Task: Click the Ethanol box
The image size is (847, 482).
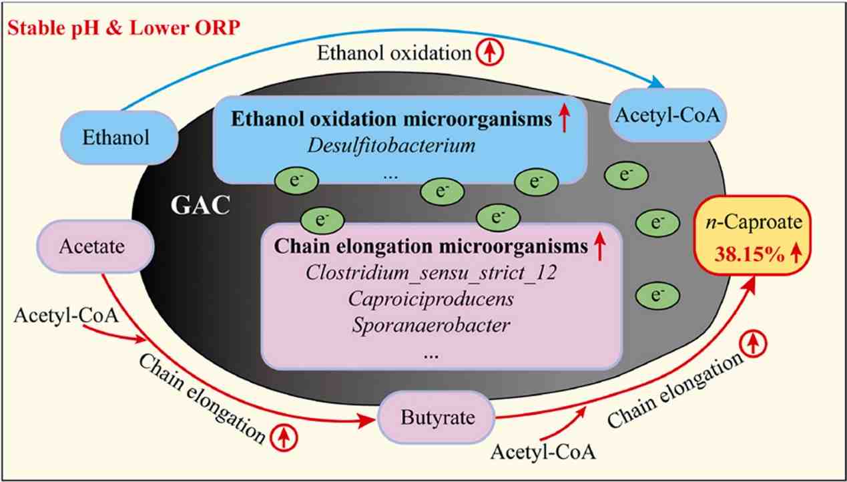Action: (x=119, y=138)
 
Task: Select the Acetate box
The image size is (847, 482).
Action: (x=95, y=247)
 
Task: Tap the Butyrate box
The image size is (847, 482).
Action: (x=437, y=418)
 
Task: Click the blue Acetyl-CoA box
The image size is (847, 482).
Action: (x=667, y=115)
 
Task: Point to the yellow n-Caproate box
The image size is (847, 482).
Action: (x=753, y=235)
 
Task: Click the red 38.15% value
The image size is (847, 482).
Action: (x=750, y=254)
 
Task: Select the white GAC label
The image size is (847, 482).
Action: (x=200, y=205)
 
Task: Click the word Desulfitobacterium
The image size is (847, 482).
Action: (x=391, y=146)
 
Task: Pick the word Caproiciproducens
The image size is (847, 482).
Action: (x=431, y=299)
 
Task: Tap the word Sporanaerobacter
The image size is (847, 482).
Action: (x=431, y=325)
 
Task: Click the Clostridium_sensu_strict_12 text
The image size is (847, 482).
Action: (x=431, y=272)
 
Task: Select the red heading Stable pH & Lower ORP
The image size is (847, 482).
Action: (x=123, y=28)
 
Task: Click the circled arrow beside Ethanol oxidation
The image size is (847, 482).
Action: (x=490, y=52)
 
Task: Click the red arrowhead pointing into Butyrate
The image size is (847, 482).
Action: (x=367, y=420)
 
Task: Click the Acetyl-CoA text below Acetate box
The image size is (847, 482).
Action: (x=66, y=316)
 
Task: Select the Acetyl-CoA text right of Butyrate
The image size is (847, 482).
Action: (x=543, y=453)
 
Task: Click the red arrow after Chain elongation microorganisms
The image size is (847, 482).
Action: (x=599, y=246)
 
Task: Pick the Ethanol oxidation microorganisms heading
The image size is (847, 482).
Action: (x=391, y=119)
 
